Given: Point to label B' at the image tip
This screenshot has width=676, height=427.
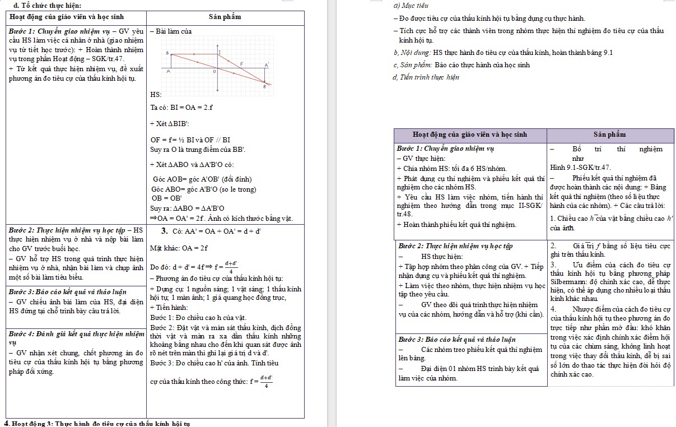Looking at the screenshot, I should pyautogui.click(x=265, y=87).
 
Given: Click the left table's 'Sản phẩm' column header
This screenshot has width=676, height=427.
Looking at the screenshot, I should pyautogui.click(x=225, y=17).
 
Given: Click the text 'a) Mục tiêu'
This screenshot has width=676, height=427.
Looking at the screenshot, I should pyautogui.click(x=412, y=6).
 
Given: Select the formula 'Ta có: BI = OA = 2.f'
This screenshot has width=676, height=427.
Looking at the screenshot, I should pyautogui.click(x=181, y=108).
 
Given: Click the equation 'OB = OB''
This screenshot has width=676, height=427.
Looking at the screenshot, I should pyautogui.click(x=167, y=198).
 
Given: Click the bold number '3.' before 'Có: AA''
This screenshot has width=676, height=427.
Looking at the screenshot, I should pyautogui.click(x=165, y=230).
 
